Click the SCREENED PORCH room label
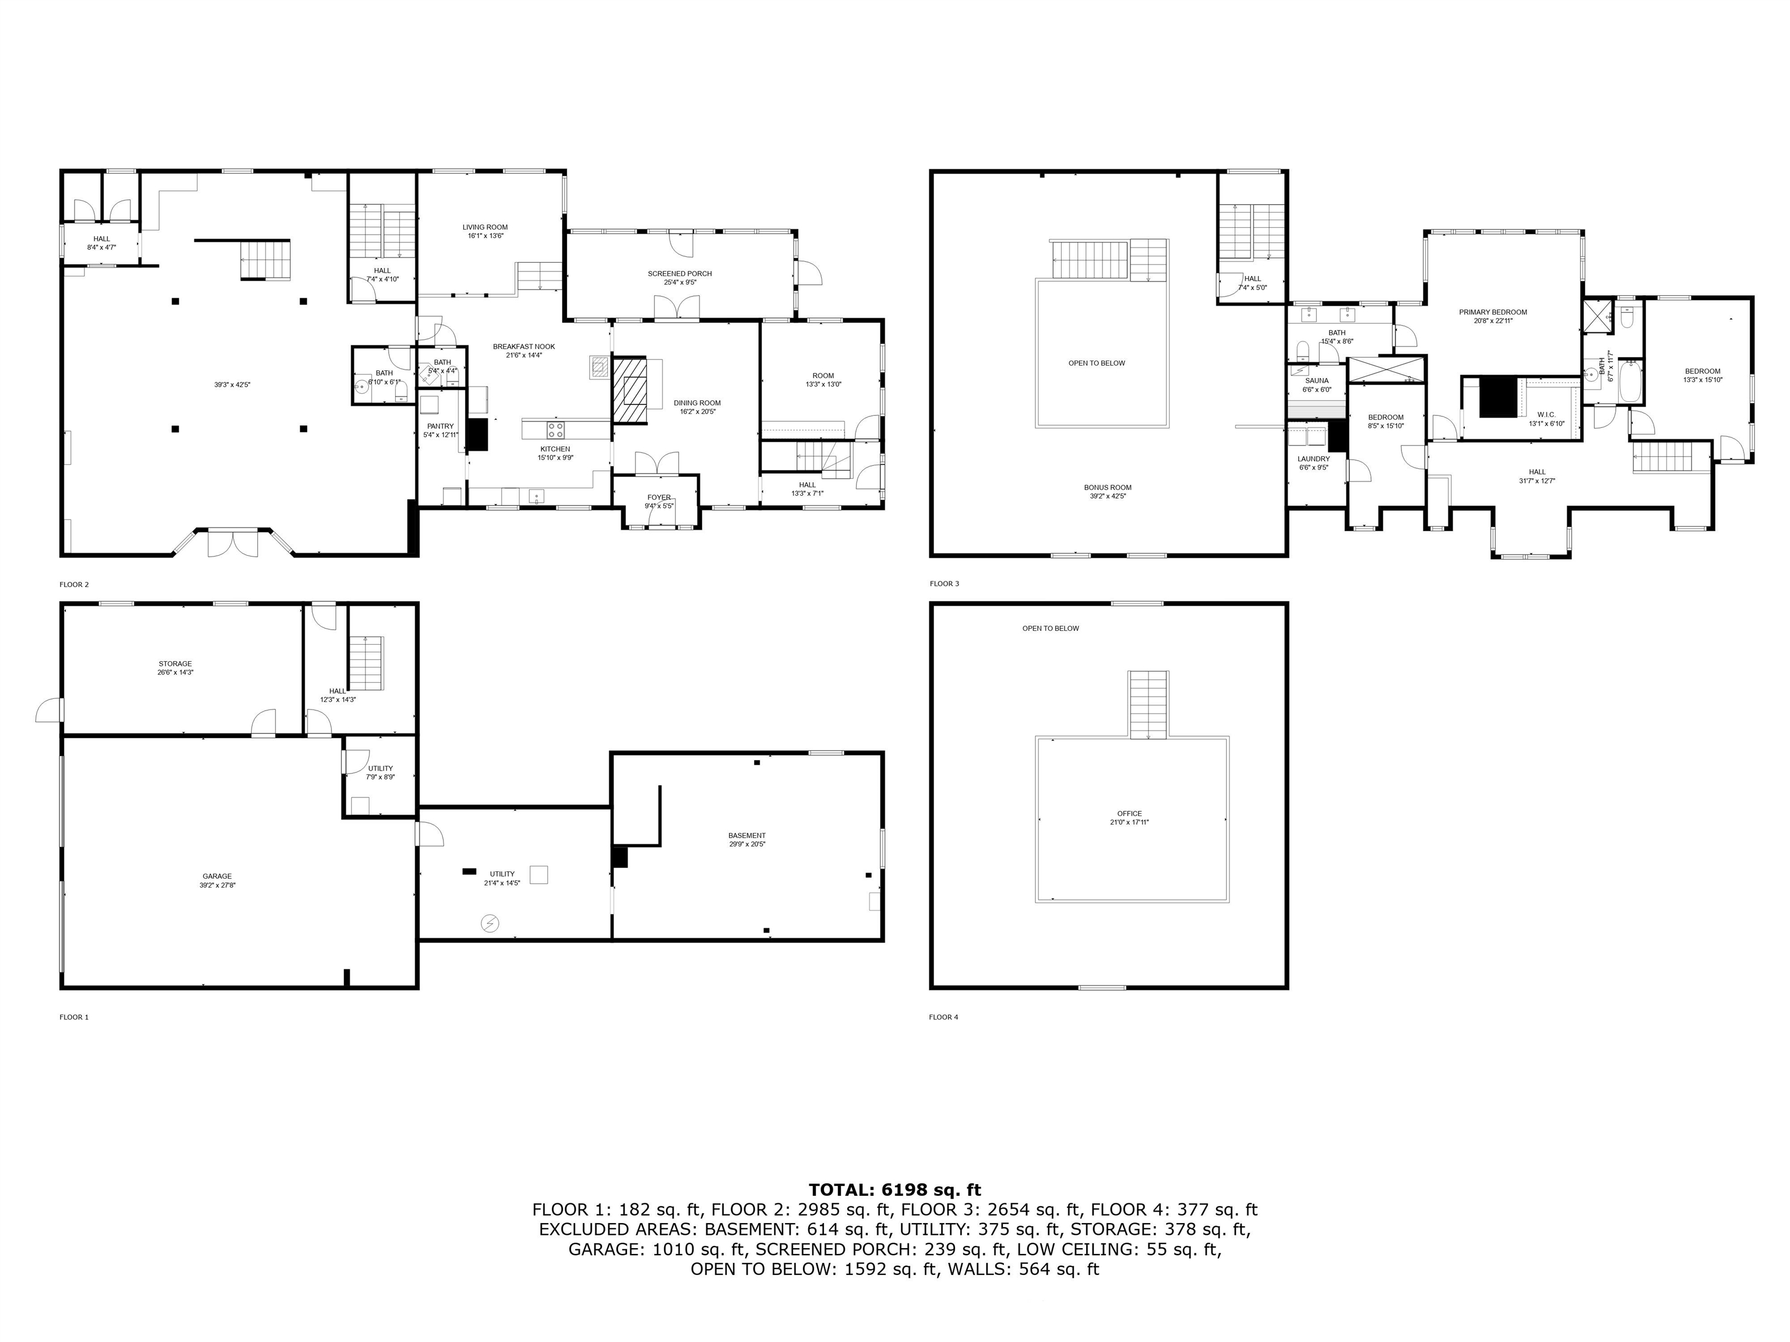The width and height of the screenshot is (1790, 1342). click(679, 273)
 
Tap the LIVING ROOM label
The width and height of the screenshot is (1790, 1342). click(485, 227)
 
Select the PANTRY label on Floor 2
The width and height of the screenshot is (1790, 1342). click(441, 426)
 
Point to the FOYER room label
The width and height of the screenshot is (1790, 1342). click(658, 497)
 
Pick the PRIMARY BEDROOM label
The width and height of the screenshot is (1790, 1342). click(1492, 312)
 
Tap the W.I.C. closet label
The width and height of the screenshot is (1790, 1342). click(1546, 415)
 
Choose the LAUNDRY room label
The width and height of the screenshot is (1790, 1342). click(1313, 458)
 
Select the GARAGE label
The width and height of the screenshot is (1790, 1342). click(217, 876)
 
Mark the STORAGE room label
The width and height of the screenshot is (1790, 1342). click(175, 663)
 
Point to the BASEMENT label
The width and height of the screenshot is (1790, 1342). click(746, 836)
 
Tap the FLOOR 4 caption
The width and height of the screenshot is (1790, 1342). click(943, 1017)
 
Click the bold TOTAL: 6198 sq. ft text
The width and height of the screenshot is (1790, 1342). click(894, 1189)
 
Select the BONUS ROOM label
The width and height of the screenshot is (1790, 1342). click(1108, 488)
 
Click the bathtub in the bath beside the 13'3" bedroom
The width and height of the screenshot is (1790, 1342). click(1630, 383)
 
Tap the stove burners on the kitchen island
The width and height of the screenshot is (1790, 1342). click(555, 429)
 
